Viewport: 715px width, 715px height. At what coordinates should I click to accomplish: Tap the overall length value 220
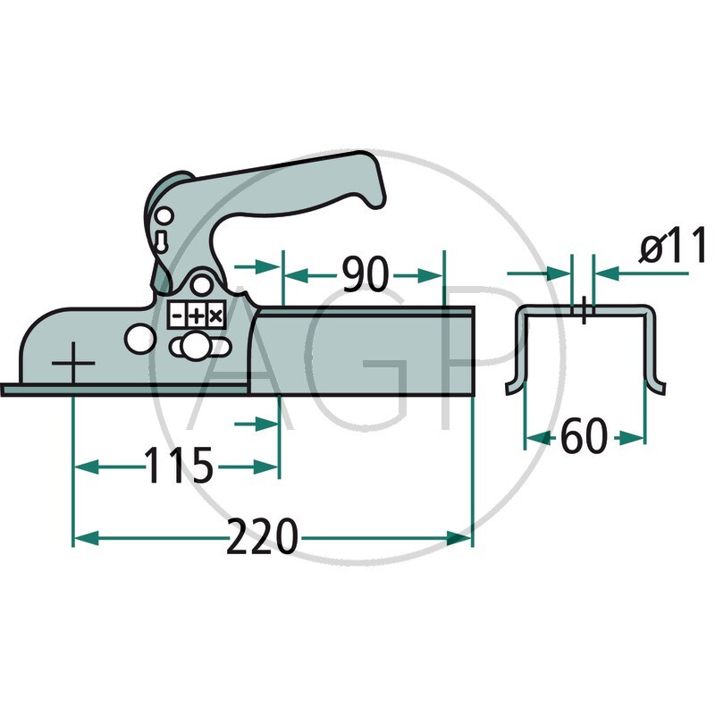click(x=261, y=538)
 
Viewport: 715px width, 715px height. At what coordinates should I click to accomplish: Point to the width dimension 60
click(x=584, y=438)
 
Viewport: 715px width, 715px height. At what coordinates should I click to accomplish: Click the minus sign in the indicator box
click(x=178, y=316)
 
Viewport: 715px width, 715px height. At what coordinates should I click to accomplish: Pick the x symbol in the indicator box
click(x=214, y=316)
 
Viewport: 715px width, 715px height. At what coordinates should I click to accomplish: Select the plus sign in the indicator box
click(x=196, y=316)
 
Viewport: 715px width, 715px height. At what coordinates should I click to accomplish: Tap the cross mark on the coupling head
click(x=73, y=366)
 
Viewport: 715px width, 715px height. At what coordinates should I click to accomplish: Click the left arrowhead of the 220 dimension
click(x=79, y=538)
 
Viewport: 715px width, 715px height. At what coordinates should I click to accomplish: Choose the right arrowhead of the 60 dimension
click(x=638, y=438)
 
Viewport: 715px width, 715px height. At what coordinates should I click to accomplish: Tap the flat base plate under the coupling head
click(x=125, y=389)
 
